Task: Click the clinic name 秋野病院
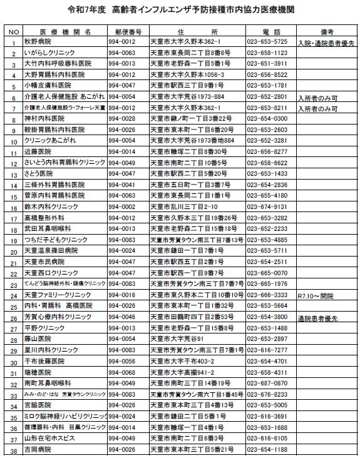[36, 42]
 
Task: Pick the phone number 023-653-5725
[267, 42]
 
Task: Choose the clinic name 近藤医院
[36, 151]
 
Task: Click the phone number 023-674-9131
[267, 206]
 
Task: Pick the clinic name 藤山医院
[36, 338]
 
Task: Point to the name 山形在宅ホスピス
[48, 438]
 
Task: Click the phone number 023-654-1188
[267, 449]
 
